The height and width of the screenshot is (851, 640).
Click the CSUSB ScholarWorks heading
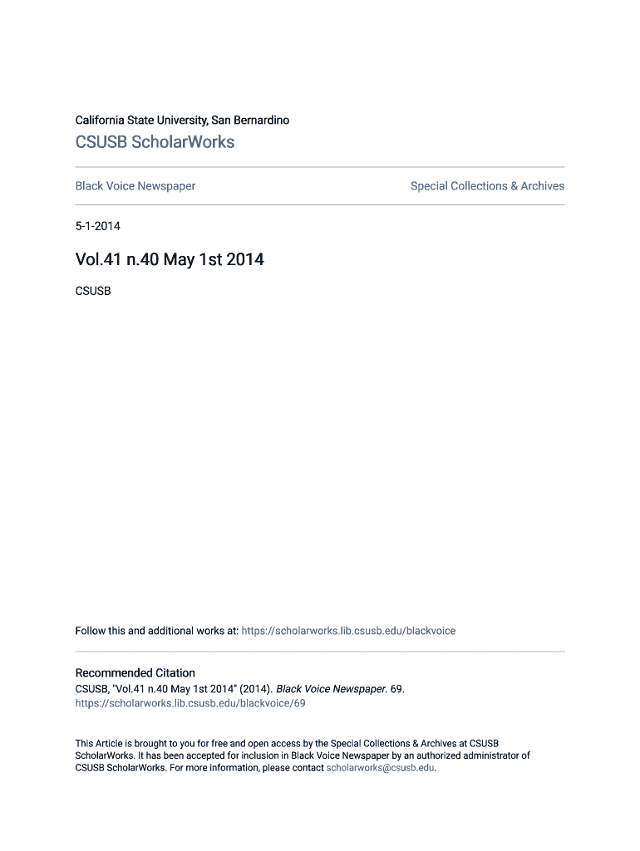coord(155,142)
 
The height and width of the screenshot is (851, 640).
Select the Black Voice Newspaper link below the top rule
coord(135,186)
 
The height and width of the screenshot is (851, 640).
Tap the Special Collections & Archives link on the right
coord(487,186)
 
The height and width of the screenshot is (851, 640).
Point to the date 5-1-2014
coord(98,225)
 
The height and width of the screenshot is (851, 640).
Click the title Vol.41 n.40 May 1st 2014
coord(170,260)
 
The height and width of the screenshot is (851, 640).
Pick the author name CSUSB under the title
coord(93,292)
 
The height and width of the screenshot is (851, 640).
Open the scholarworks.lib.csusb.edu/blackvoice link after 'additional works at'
coord(348,631)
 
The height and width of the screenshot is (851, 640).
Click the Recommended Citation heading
coord(135,673)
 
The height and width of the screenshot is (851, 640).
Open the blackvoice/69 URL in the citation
coord(190,703)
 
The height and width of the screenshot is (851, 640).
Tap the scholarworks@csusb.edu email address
coord(380,768)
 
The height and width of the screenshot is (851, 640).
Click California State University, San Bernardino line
coord(182,121)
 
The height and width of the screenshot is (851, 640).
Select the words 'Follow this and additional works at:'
coord(156,631)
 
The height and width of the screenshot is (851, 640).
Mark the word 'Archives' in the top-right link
coord(542,186)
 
